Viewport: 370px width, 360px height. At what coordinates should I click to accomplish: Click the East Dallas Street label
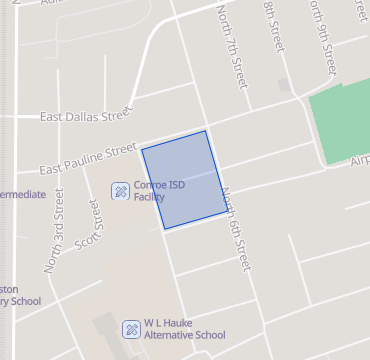[x=85, y=115]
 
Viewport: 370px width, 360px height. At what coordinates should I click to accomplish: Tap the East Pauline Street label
[x=87, y=157]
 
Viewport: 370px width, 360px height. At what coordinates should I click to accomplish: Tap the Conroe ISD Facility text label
[x=161, y=190]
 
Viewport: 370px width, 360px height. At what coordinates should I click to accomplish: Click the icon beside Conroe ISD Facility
[x=119, y=189]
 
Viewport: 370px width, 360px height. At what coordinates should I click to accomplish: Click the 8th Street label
[x=271, y=27]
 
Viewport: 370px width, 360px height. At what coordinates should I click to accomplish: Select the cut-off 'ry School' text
[x=20, y=301]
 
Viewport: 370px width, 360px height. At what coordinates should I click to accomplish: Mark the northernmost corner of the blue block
[x=206, y=130]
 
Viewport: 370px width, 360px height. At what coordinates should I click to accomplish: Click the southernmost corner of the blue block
[x=165, y=230]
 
